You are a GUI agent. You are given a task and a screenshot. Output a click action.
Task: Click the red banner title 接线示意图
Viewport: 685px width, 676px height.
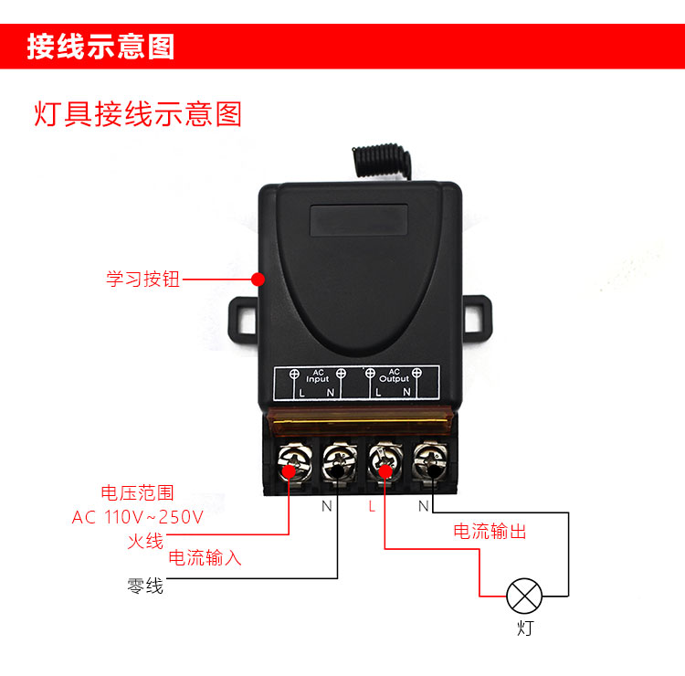(x=100, y=47)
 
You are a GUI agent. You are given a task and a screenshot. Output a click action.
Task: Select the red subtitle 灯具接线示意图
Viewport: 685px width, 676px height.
(x=138, y=114)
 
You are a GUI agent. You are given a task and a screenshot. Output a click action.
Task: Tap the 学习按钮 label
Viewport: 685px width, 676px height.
(x=142, y=279)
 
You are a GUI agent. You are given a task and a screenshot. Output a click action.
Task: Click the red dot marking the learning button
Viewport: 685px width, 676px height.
(x=258, y=280)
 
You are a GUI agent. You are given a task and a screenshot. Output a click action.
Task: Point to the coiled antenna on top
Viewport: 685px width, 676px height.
(x=382, y=161)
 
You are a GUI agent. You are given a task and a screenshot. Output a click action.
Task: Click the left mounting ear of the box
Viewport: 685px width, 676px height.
(x=242, y=315)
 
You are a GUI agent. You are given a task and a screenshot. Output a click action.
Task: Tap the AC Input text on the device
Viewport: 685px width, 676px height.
(x=318, y=375)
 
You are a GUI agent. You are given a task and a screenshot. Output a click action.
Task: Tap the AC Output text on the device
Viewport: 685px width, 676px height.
(x=394, y=375)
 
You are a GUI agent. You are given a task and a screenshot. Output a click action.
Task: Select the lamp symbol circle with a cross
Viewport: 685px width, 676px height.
(x=524, y=596)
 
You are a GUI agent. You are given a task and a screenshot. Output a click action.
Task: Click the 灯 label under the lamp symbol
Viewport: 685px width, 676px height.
(x=525, y=628)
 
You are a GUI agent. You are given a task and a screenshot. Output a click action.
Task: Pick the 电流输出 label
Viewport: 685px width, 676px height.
(x=490, y=531)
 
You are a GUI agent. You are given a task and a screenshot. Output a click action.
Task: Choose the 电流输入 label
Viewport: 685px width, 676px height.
(x=205, y=557)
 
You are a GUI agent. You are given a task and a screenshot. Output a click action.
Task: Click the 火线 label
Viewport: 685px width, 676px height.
(x=145, y=541)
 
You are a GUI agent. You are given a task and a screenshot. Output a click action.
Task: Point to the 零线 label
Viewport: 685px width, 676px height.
(x=145, y=586)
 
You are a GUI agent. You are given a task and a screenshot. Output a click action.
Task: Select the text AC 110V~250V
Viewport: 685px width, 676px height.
(x=138, y=517)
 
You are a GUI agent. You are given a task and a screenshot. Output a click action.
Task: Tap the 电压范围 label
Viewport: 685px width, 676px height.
(x=138, y=493)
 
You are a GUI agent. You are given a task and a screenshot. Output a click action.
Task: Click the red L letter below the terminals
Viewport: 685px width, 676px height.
(x=372, y=506)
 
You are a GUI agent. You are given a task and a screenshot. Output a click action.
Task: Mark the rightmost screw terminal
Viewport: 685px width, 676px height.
(x=430, y=461)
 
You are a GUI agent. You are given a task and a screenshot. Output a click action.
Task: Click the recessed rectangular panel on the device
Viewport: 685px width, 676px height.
(x=359, y=220)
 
